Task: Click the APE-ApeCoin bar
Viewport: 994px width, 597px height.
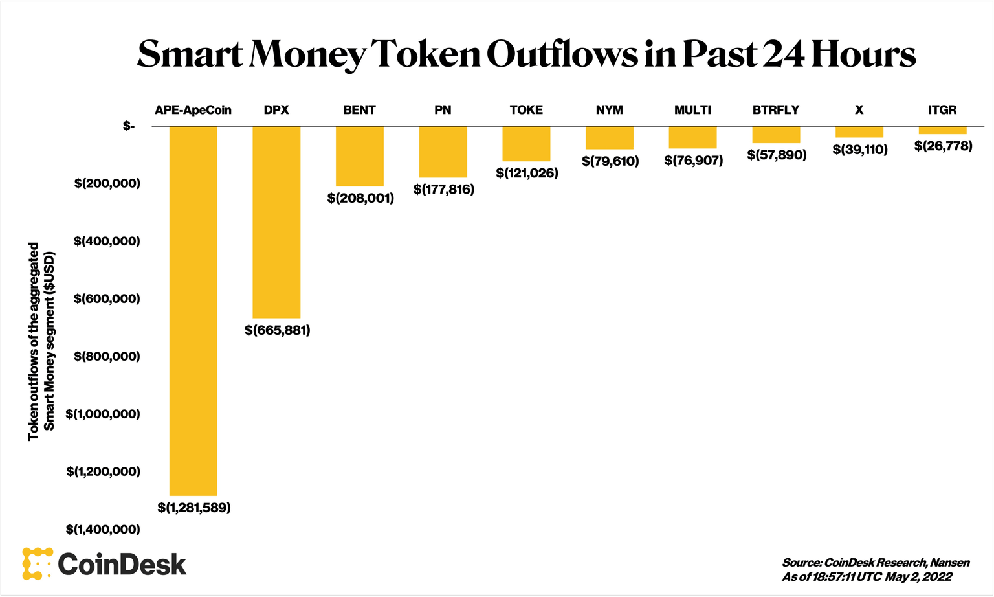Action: coord(193,311)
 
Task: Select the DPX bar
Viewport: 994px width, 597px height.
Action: coord(276,221)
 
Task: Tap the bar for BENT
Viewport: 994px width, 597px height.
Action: coord(360,156)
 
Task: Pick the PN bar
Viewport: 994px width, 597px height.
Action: coord(443,152)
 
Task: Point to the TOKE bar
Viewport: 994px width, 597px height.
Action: coord(526,144)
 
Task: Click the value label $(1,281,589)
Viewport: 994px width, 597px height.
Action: coord(194,508)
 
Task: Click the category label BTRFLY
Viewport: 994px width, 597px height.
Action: coord(776,110)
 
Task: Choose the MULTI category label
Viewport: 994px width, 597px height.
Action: coord(692,110)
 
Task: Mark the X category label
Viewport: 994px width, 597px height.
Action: coord(859,110)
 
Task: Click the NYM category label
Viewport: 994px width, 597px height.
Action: coord(610,110)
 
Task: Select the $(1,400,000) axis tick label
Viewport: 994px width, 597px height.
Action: coord(103,530)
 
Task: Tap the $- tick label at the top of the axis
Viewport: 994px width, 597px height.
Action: coord(129,126)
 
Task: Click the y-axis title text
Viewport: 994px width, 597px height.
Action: coord(42,341)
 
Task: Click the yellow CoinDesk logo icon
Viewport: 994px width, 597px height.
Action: coord(37,563)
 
